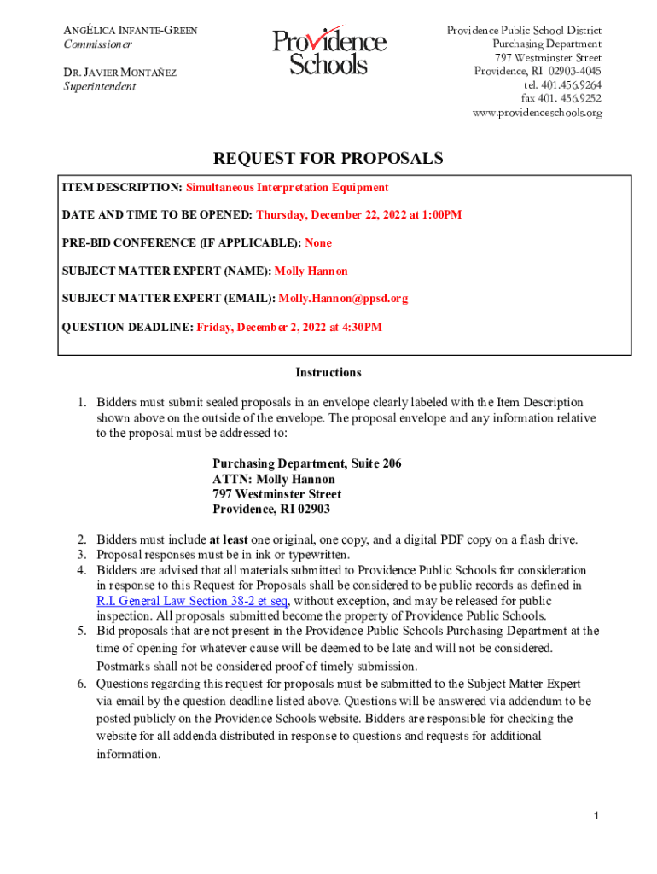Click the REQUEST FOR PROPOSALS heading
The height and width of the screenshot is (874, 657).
click(328, 159)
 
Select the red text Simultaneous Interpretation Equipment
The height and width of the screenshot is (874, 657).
click(288, 187)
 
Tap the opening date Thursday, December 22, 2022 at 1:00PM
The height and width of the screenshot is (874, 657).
click(358, 215)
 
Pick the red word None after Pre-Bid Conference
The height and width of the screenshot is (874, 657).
click(318, 243)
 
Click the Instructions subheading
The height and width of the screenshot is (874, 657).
click(328, 373)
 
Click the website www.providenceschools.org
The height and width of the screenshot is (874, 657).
click(538, 113)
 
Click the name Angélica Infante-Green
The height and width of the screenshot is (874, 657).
click(131, 31)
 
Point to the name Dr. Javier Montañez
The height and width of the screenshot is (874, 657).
click(120, 73)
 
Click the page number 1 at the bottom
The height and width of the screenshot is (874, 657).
click(598, 817)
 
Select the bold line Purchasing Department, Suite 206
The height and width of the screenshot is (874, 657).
click(306, 463)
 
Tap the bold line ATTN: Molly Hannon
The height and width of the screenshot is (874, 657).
click(273, 479)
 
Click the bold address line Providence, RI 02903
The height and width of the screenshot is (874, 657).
click(270, 510)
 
